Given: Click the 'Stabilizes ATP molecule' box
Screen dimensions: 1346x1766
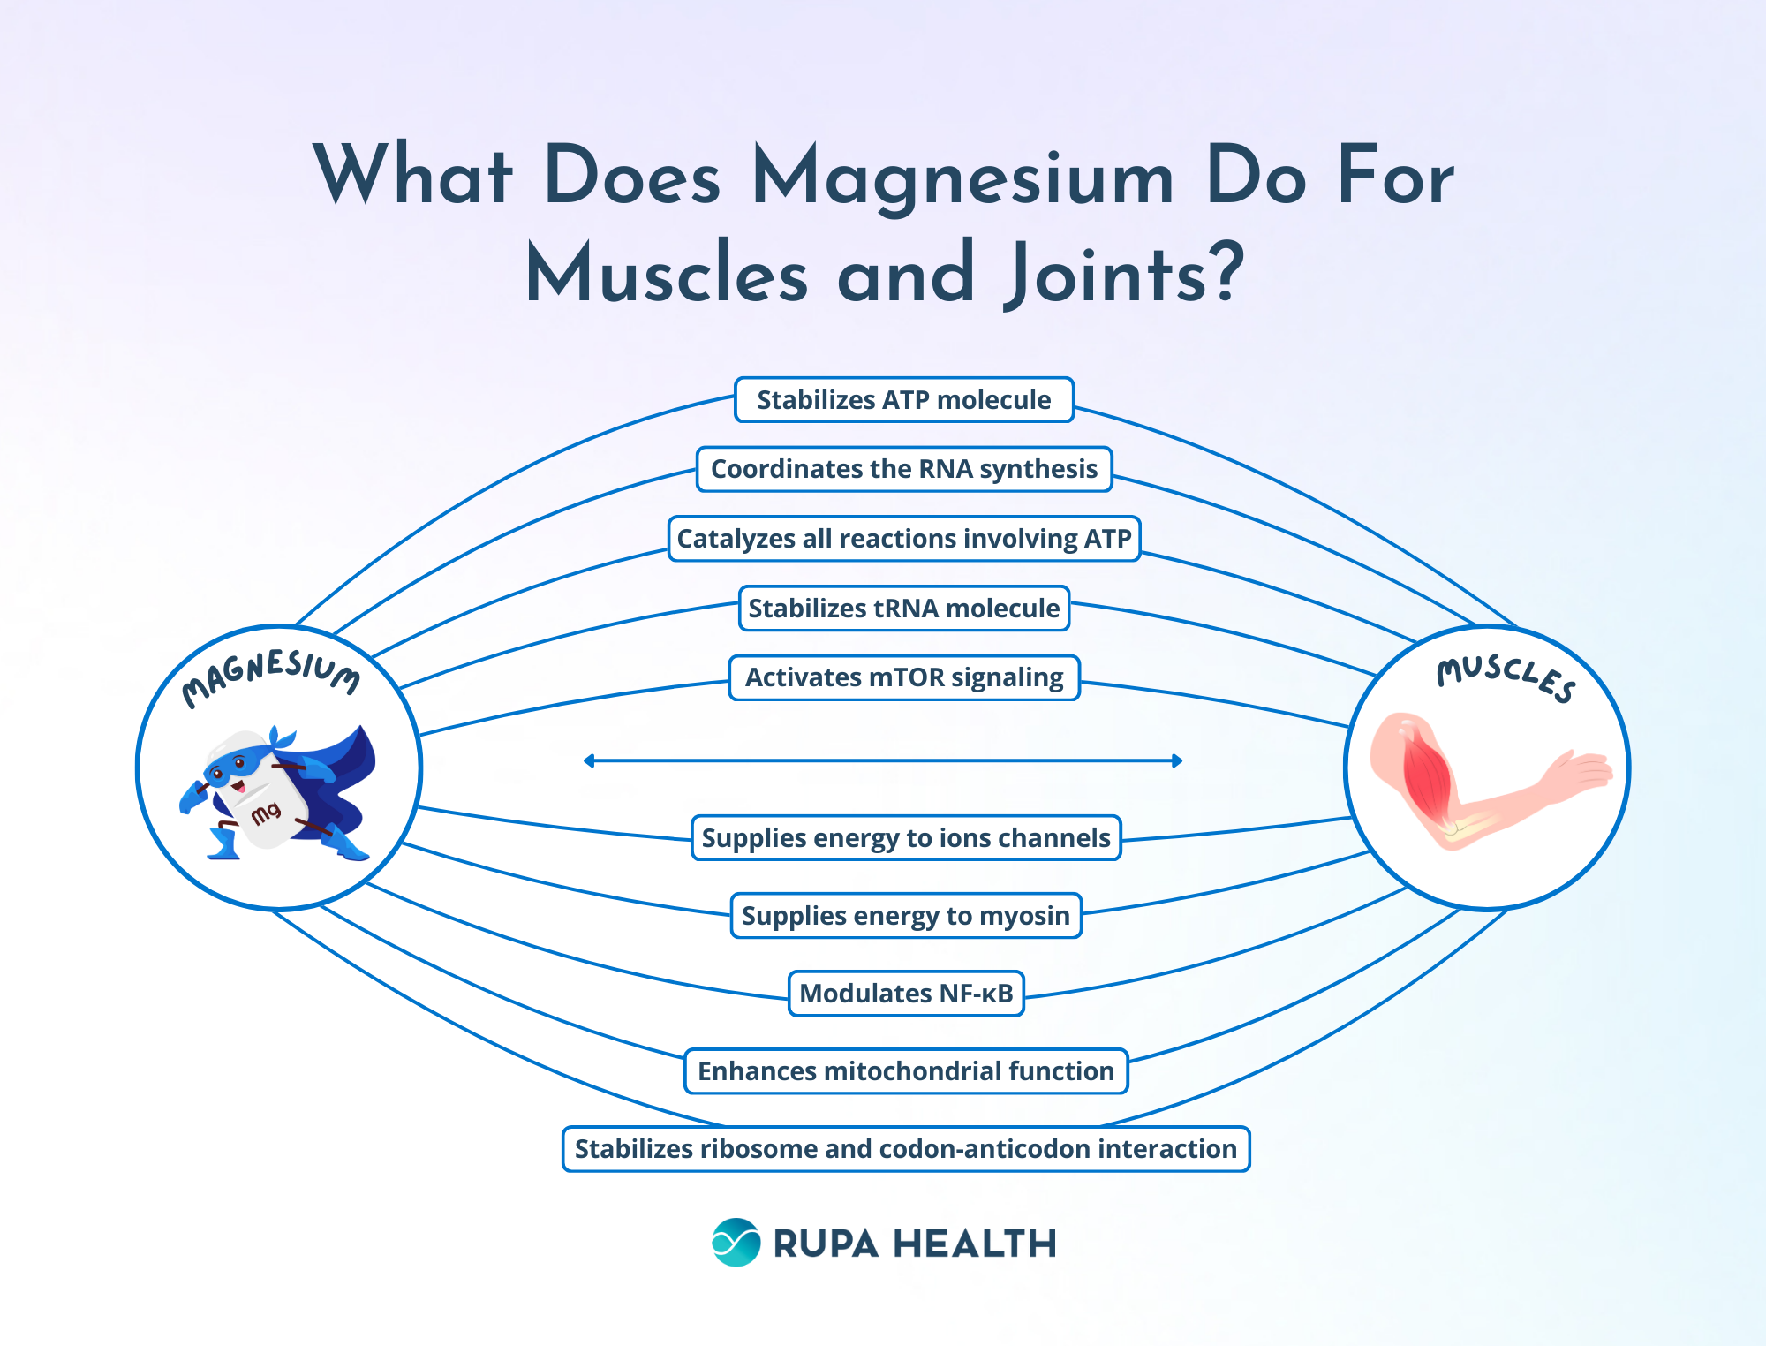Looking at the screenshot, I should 903,400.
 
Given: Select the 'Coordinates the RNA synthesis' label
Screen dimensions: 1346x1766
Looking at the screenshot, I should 903,469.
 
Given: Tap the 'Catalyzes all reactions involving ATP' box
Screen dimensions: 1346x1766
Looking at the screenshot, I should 903,539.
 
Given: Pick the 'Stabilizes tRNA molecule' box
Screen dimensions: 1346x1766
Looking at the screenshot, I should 903,609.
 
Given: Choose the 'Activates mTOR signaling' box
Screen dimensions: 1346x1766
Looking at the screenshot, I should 903,677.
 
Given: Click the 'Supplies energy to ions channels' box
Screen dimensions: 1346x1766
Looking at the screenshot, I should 905,838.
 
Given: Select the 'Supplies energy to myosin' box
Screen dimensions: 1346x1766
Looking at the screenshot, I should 905,916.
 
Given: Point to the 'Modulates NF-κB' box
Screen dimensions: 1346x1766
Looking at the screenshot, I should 905,994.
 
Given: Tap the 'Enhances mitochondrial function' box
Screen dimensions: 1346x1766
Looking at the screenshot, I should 905,1071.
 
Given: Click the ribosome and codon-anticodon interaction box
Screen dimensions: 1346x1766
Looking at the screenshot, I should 905,1149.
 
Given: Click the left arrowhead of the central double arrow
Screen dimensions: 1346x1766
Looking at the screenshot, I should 589,760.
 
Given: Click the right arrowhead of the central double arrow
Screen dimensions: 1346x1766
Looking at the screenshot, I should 1177,760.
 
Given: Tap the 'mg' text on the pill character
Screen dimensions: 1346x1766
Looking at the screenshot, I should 266,812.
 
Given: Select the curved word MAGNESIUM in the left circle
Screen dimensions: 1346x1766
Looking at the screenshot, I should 270,673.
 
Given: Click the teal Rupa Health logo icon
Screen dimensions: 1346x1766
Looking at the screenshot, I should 736,1243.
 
